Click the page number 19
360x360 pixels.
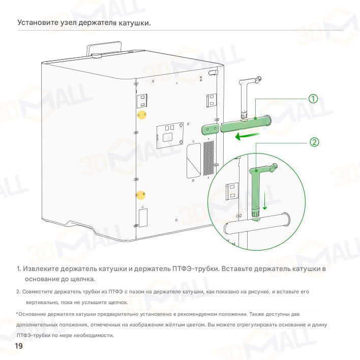pos(19,347)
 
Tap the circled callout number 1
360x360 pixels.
pos(314,98)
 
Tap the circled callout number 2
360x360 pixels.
pos(314,142)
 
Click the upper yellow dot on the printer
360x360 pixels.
pos(142,115)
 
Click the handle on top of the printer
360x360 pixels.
pos(106,49)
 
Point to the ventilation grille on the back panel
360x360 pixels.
pos(207,158)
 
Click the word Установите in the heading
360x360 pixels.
pos(36,23)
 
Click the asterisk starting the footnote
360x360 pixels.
pos(17,313)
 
